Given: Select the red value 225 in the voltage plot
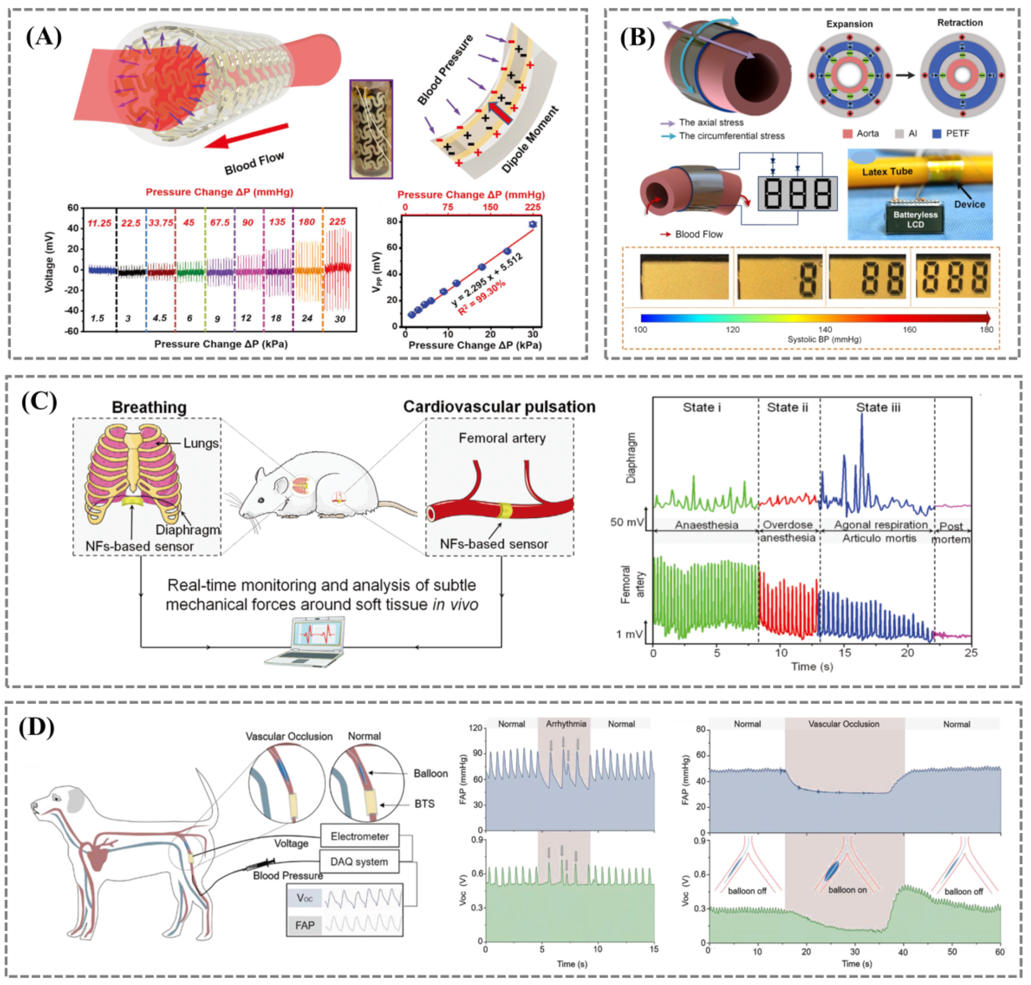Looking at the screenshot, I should pyautogui.click(x=337, y=222).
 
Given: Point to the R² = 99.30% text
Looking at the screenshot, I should pyautogui.click(x=482, y=298).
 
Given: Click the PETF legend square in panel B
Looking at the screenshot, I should pyautogui.click(x=936, y=134).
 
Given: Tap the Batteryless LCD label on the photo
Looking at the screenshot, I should pyautogui.click(x=914, y=220).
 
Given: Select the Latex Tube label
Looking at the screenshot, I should pyautogui.click(x=887, y=171).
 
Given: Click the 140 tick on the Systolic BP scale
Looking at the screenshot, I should pyautogui.click(x=825, y=329).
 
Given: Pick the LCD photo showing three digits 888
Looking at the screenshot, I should pyautogui.click(x=952, y=277).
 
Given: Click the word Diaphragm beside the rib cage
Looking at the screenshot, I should pyautogui.click(x=188, y=529).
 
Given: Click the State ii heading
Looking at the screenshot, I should pyautogui.click(x=787, y=408).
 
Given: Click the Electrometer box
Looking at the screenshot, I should pyautogui.click(x=359, y=837).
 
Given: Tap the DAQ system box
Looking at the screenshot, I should pyautogui.click(x=359, y=862).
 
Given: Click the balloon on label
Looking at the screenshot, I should pyautogui.click(x=847, y=890).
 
